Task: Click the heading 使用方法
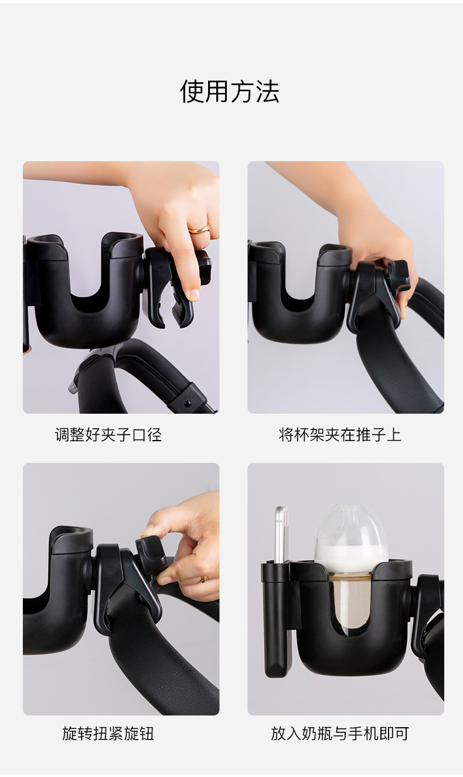pos(230,92)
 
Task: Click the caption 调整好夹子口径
pos(108,435)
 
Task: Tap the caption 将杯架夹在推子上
pos(340,435)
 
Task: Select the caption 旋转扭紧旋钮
pos(108,733)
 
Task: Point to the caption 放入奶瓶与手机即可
pos(340,733)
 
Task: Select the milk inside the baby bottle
pos(350,554)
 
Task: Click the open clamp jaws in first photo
pos(176,305)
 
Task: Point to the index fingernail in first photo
pos(193,294)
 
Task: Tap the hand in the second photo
pos(381,246)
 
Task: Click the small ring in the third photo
pos(205,579)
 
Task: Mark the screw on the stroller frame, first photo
pos(188,404)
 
